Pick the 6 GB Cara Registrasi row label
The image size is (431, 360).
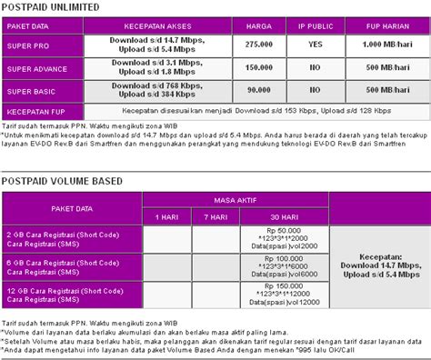pyautogui.click(x=73, y=265)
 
